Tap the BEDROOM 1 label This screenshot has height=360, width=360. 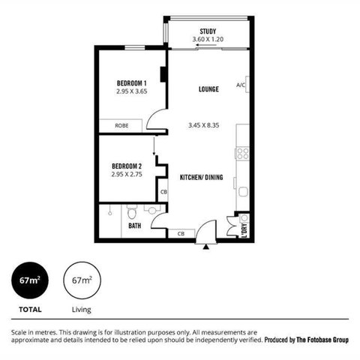(x=130, y=82)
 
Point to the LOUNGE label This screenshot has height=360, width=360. (x=208, y=90)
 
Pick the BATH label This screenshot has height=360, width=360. (x=135, y=225)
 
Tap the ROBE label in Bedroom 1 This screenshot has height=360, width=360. (x=120, y=126)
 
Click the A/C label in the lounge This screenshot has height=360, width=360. (x=241, y=85)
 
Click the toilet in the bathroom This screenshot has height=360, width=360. (x=130, y=212)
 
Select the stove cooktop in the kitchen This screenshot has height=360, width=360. (x=243, y=153)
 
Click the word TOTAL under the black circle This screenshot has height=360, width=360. (x=30, y=308)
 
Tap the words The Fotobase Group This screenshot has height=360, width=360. (x=320, y=340)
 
